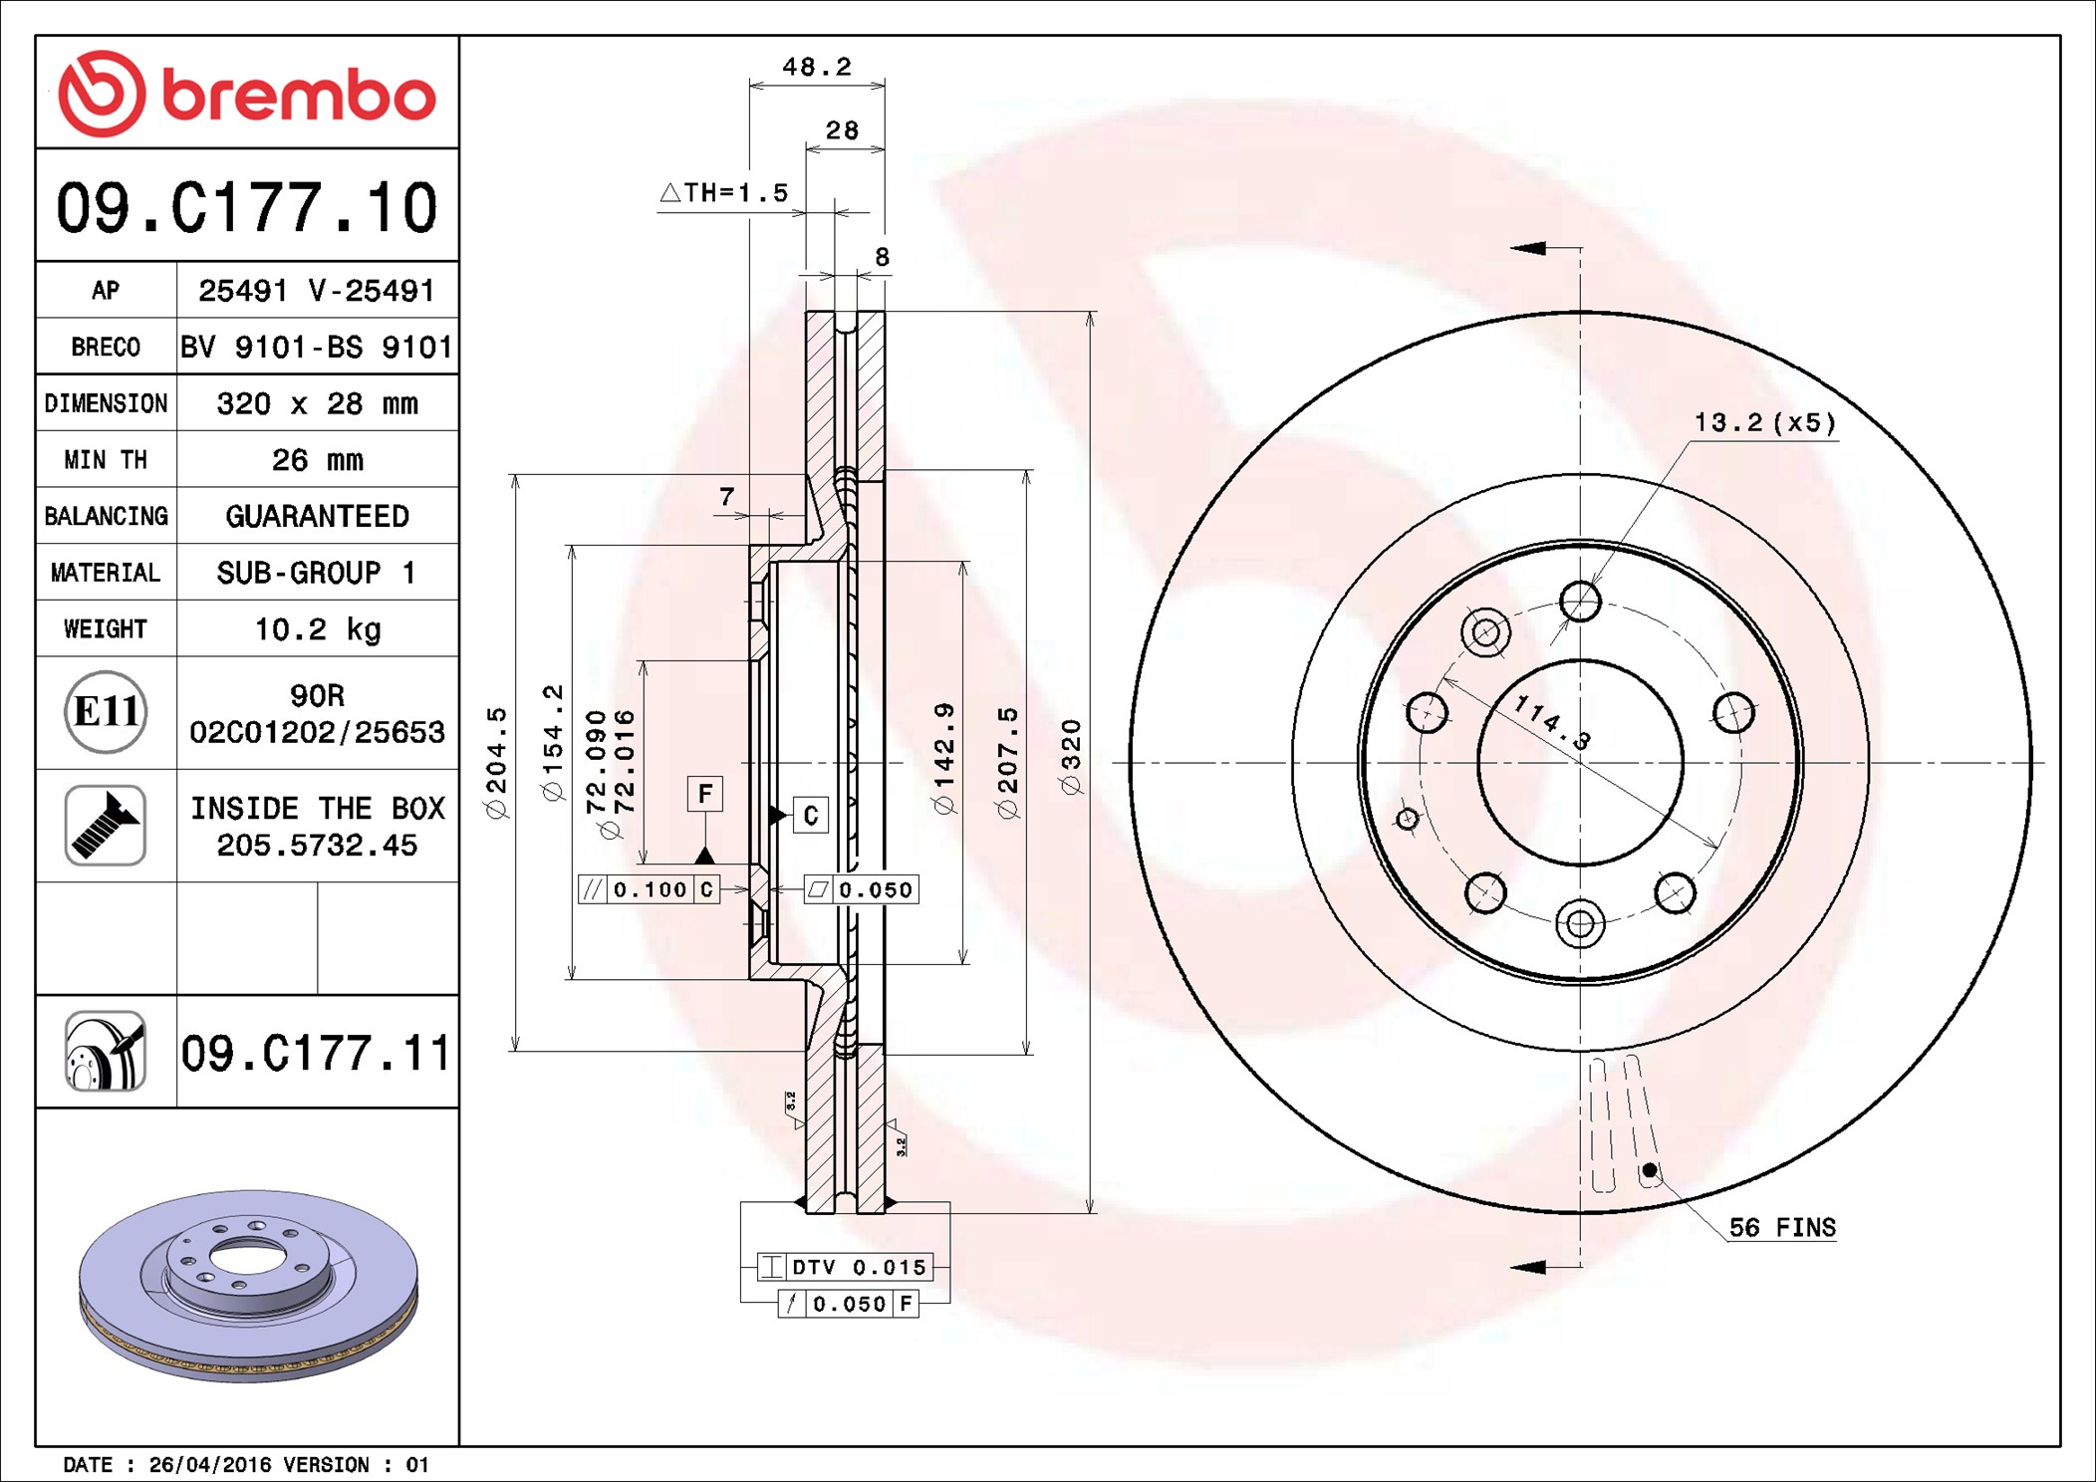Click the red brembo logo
click(x=247, y=94)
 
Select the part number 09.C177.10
click(x=247, y=208)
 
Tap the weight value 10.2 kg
click(x=318, y=629)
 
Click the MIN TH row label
click(x=106, y=459)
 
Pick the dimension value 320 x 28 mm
click(x=318, y=403)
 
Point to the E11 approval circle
click(x=106, y=711)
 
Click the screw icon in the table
click(x=106, y=825)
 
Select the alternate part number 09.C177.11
click(x=316, y=1053)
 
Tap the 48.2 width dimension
click(x=817, y=67)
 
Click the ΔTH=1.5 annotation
click(x=724, y=192)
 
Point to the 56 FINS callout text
click(x=1782, y=1227)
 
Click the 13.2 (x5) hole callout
click(x=1765, y=422)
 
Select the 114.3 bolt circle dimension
click(x=1552, y=722)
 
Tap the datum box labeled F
click(x=705, y=794)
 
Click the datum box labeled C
click(x=811, y=816)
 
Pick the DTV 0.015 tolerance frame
click(x=845, y=1267)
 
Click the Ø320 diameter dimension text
click(x=1071, y=757)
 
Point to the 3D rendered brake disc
click(x=248, y=1285)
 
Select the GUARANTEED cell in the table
click(x=318, y=516)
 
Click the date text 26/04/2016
click(x=209, y=1464)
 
